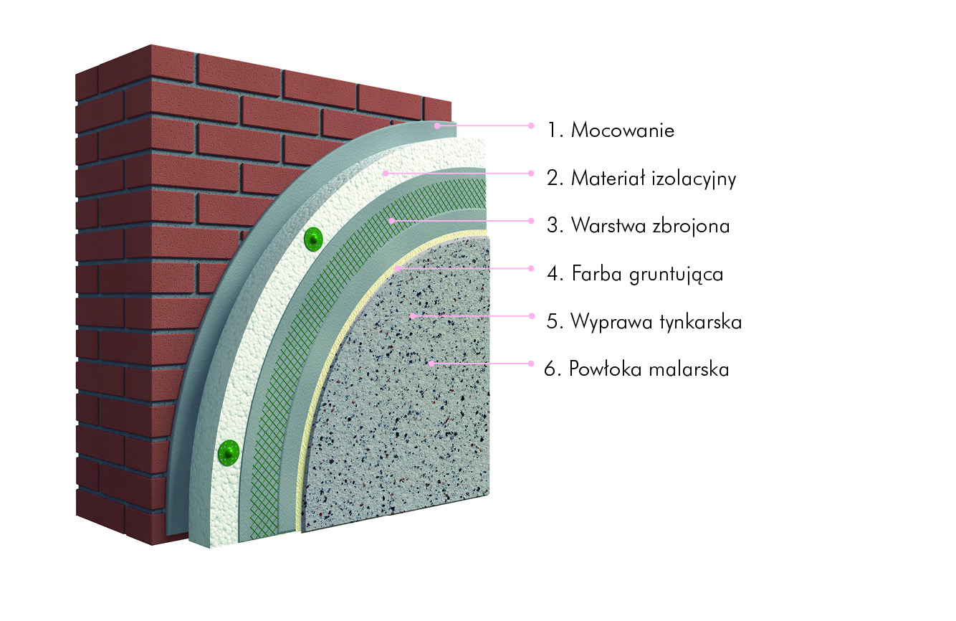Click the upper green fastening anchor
point(313,240)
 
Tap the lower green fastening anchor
point(229,452)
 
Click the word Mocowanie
point(623,130)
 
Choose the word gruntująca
point(677,274)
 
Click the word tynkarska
point(700,321)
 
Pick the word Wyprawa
point(612,322)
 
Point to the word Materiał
point(608,178)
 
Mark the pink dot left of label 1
point(531,125)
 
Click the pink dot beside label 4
point(531,268)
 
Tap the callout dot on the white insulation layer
point(386,174)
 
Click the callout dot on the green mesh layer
point(391,221)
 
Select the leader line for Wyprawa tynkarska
point(472,316)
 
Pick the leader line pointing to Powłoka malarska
point(481,364)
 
